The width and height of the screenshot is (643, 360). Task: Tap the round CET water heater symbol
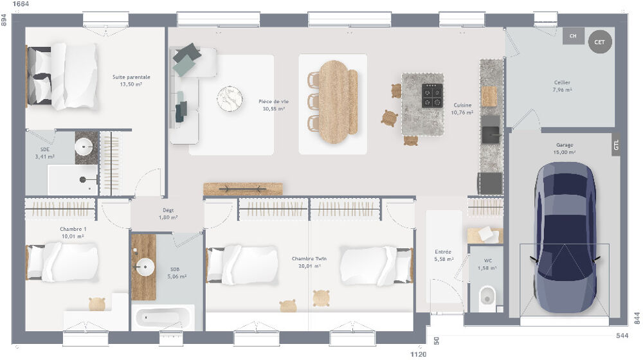(599, 42)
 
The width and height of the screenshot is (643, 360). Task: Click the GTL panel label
(616, 146)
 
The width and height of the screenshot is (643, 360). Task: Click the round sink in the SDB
(145, 266)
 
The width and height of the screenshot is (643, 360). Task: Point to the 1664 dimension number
(21, 4)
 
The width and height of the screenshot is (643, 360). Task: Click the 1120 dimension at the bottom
(419, 354)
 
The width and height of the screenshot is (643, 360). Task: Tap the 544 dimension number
(622, 336)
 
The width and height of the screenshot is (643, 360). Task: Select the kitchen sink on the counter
(491, 134)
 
